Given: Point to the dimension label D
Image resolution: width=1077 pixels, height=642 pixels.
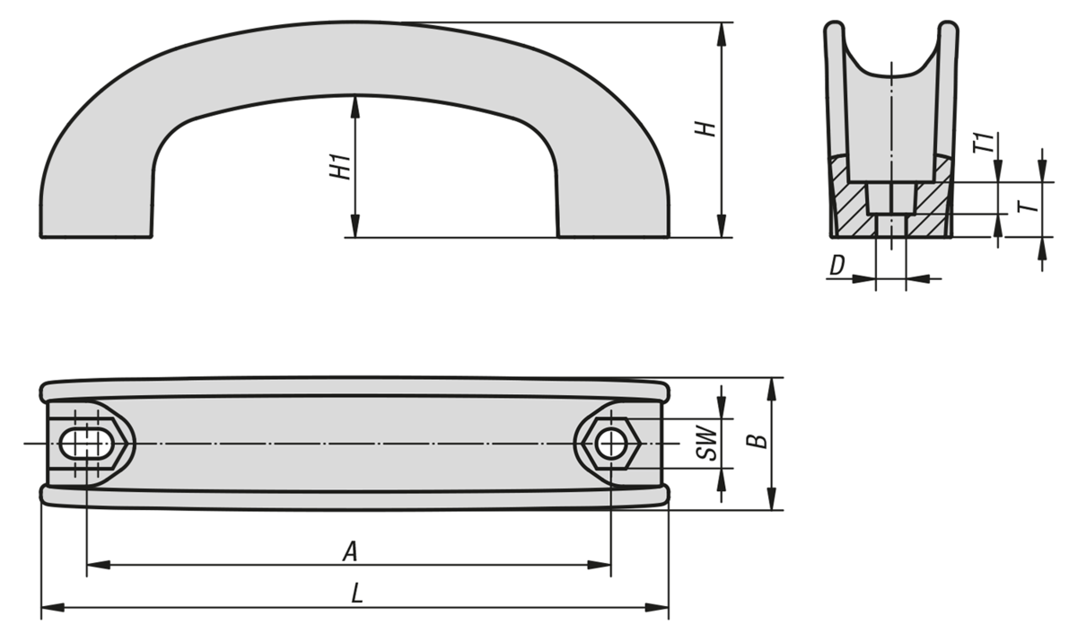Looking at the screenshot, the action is coord(837,265).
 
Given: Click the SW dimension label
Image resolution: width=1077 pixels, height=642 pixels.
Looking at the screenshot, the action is coord(707,443).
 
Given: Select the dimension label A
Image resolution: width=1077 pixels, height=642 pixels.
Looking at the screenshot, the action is coord(350,551).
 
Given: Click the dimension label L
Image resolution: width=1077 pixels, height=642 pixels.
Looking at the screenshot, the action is coord(356,593).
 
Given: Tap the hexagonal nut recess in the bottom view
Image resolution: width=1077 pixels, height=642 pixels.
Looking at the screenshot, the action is coord(611,444).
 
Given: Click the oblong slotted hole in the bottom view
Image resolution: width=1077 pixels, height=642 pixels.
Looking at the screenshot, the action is coord(86,444).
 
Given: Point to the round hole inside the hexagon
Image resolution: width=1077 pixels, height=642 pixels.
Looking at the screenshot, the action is coord(611,444).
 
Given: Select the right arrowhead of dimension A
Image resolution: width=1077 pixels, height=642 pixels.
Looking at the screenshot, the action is coord(600,565).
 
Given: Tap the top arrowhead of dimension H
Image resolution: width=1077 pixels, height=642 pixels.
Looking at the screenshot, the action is coord(721,34).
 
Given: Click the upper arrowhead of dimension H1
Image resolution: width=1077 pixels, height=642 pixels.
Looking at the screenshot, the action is coord(355,107).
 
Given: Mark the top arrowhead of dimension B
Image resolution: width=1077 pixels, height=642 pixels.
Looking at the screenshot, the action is coord(771,389).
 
